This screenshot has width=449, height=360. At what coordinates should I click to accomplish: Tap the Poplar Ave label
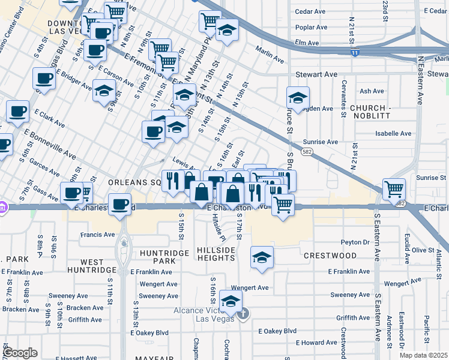[311, 27]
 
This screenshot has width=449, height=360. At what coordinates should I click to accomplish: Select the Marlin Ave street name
[269, 56]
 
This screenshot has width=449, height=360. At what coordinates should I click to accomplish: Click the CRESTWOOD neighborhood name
[330, 256]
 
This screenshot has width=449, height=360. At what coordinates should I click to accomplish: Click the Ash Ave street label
[371, 91]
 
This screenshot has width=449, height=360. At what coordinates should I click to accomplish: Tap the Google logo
[20, 353]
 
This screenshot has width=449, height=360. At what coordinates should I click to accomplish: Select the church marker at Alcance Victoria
[243, 314]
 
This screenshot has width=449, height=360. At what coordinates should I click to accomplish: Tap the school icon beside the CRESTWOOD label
[262, 257]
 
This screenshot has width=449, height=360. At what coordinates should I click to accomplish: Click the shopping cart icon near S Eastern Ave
[394, 189]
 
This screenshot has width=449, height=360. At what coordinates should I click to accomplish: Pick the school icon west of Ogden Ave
[298, 97]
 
